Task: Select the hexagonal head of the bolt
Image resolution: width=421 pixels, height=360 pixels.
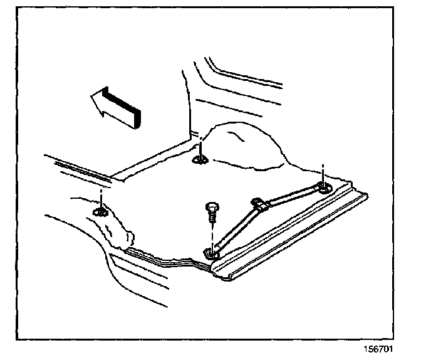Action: coord(210,208)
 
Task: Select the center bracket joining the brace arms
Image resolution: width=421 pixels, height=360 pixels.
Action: coord(259,203)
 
